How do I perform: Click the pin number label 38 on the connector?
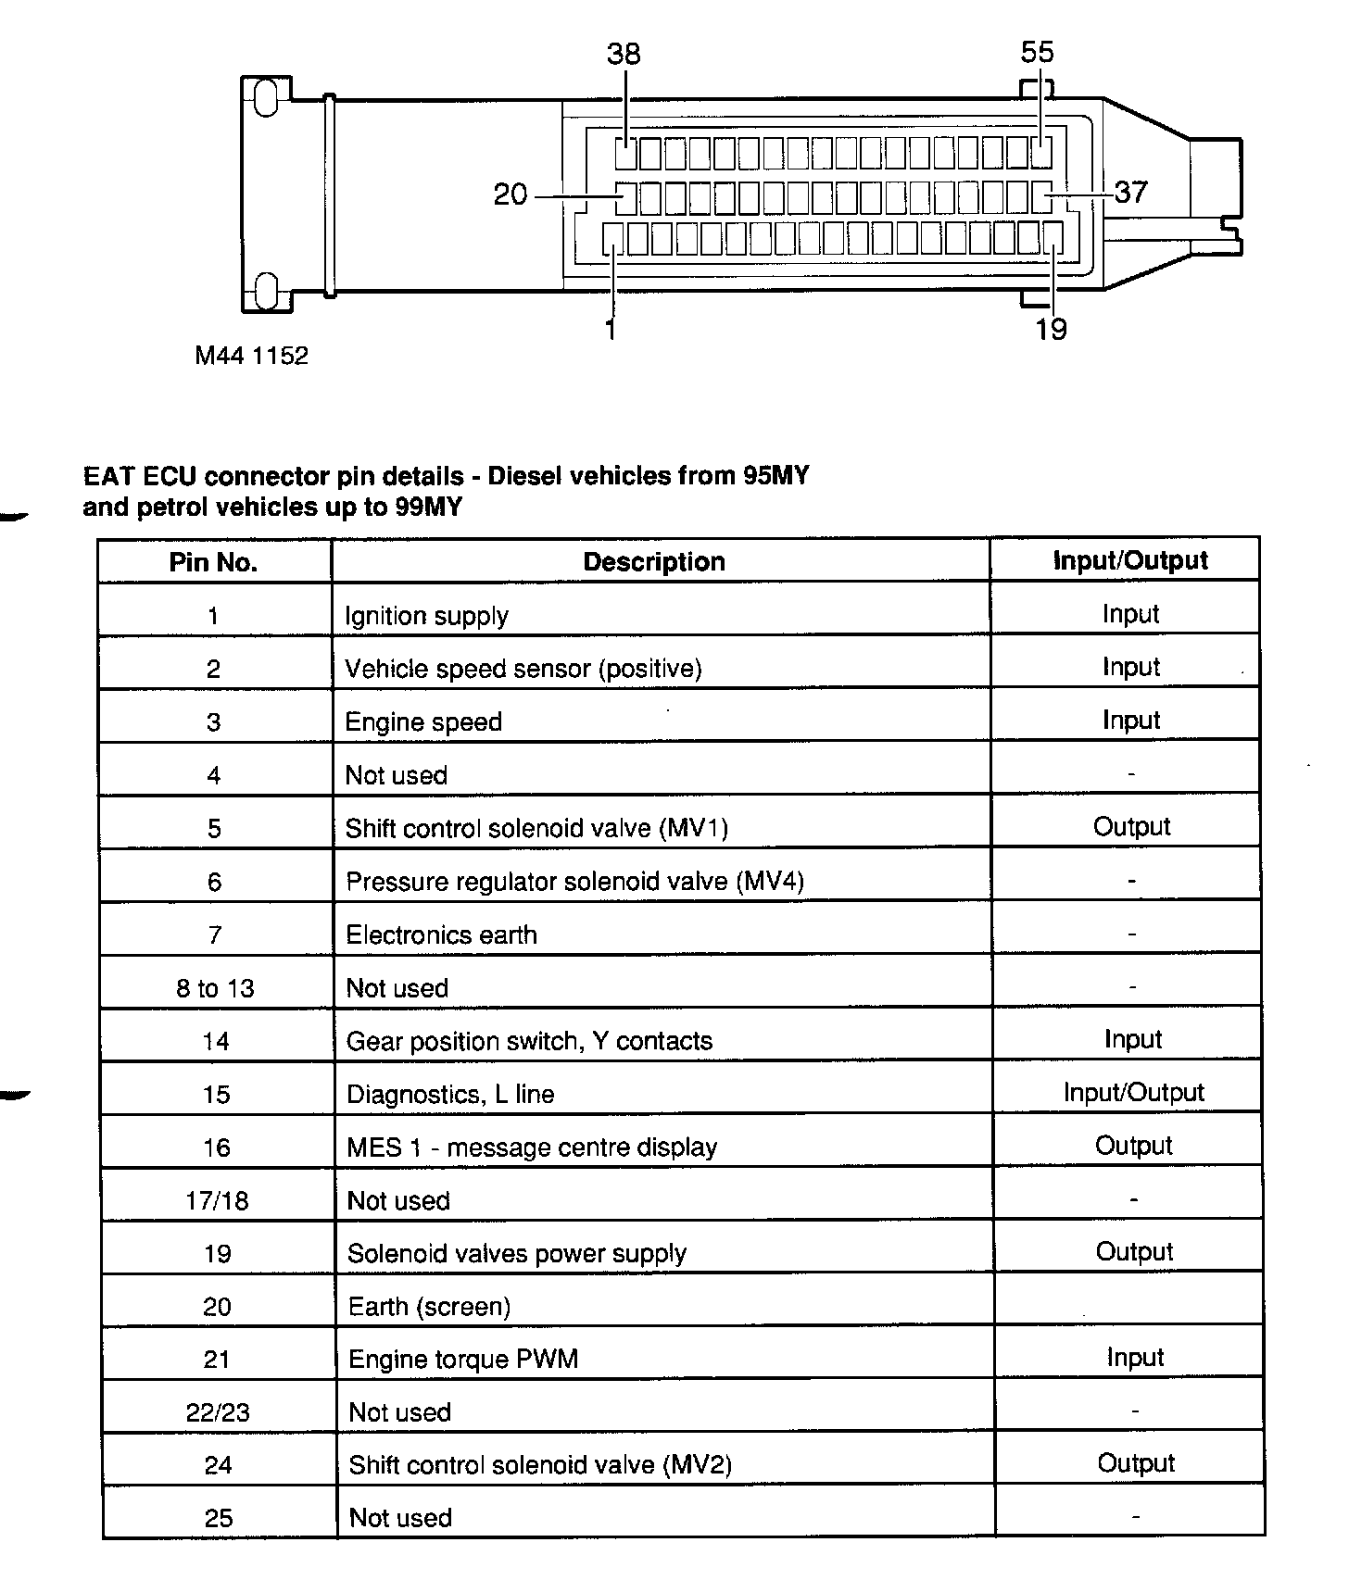point(624,54)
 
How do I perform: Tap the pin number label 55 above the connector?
point(1037,52)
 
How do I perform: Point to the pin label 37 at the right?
point(1130,193)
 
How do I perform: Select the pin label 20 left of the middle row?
point(511,194)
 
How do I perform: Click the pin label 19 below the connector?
point(1052,330)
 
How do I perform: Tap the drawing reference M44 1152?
point(251,356)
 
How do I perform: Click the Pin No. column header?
point(213,562)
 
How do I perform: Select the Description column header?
point(654,561)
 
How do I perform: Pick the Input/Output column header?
point(1130,560)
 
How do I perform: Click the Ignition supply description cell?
point(426,616)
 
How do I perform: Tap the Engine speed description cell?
point(423,722)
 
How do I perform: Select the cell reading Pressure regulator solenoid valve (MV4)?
point(574,882)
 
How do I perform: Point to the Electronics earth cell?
point(441,935)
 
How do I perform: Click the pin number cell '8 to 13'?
point(215,988)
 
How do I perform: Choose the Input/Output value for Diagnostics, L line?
point(1133,1093)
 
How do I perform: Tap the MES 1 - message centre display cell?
point(532,1147)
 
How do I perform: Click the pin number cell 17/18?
point(217,1201)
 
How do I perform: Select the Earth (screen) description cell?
point(429,1307)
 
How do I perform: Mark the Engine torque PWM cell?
point(462,1360)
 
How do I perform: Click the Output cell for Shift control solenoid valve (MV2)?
point(1136,1463)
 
